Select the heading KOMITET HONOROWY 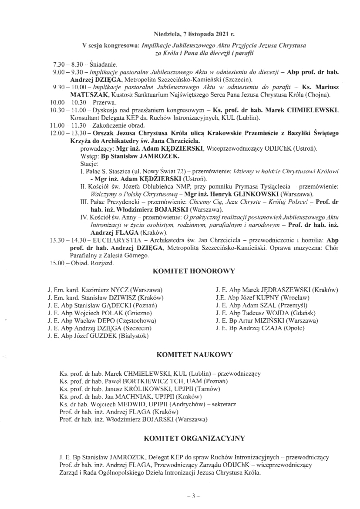click(x=194, y=271)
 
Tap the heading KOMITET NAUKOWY click(x=194, y=355)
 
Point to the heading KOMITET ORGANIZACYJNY click(x=194, y=438)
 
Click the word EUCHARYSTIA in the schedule click(x=116, y=240)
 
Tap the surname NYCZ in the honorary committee click(x=119, y=290)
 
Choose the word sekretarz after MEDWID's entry click(x=224, y=405)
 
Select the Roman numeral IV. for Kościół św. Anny click(x=84, y=217)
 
